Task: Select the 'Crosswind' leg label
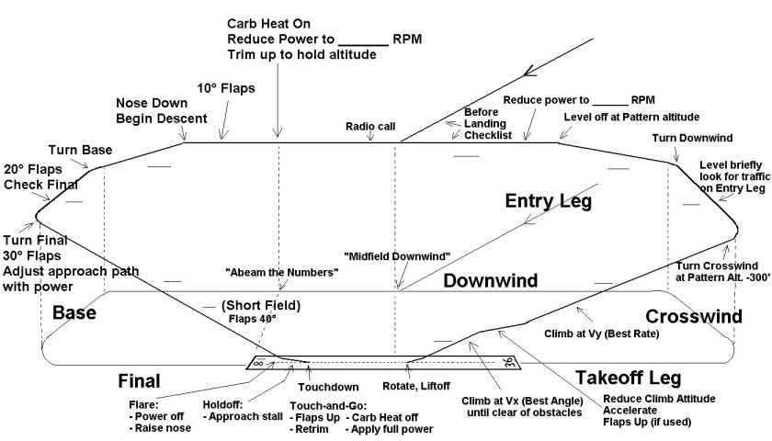[x=694, y=316]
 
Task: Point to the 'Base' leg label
[x=74, y=313]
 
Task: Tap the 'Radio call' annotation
[x=370, y=126]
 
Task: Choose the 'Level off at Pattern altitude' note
[x=631, y=117]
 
